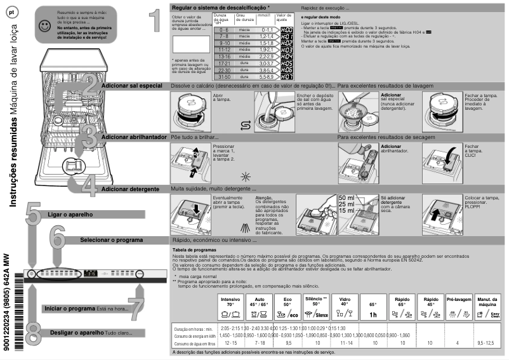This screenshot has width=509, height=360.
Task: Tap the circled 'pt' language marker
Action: point(11,13)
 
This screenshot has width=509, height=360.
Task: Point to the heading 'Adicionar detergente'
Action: point(130,189)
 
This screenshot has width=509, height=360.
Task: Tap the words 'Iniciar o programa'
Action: point(70,308)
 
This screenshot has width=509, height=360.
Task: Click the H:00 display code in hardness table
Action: point(287,30)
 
